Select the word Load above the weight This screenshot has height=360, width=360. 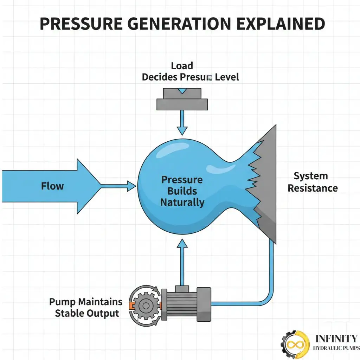[182, 66]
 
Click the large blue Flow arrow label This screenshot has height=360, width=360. [52, 186]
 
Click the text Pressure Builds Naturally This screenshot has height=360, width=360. [182, 191]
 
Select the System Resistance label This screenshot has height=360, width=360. [312, 182]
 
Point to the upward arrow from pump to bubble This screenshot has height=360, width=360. [182, 260]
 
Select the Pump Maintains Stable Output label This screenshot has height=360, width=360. [86, 307]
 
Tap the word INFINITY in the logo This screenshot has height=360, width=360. [336, 339]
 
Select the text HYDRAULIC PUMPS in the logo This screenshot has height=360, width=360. [336, 348]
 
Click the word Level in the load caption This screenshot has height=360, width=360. [227, 77]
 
